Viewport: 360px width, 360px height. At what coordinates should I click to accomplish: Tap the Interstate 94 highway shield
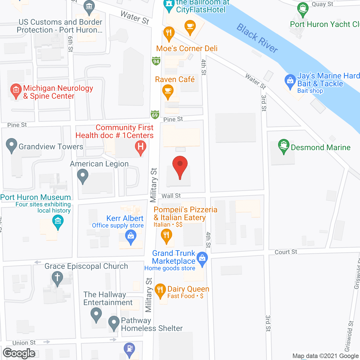click(x=156, y=61)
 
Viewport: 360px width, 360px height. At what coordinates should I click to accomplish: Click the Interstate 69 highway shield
click(x=155, y=115)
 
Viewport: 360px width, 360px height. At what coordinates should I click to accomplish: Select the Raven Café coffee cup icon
click(x=168, y=91)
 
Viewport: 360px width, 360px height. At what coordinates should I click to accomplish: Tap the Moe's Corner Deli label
click(x=187, y=48)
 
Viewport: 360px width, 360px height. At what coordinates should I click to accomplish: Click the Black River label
click(x=257, y=38)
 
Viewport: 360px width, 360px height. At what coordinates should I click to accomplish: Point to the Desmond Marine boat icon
click(x=284, y=146)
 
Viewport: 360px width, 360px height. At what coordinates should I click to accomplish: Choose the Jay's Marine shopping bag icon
click(x=290, y=81)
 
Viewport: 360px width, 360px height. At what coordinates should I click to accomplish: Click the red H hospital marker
click(x=141, y=147)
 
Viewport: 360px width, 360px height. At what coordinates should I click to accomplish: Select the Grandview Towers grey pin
click(x=12, y=145)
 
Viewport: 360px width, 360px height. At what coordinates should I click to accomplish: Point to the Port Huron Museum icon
click(x=58, y=221)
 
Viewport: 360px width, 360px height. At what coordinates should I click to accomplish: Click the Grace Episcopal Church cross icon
click(x=57, y=277)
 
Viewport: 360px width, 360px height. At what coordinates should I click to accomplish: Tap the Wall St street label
click(x=171, y=196)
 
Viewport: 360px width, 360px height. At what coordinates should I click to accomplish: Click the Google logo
click(x=19, y=353)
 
